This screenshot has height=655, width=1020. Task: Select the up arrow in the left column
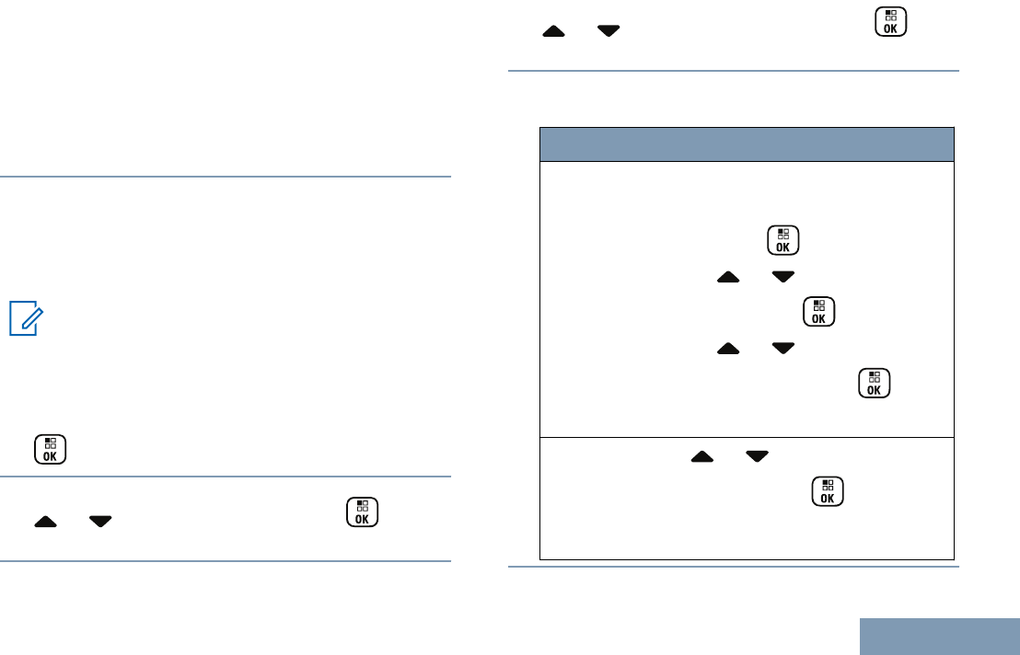[x=46, y=520]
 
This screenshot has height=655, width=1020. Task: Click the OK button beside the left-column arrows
[x=363, y=512]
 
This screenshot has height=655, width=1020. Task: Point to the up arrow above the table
[x=554, y=31]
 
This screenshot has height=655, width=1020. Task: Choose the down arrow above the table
[x=608, y=31]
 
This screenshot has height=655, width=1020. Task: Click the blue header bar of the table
[x=746, y=144]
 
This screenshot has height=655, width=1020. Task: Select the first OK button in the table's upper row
[x=782, y=240]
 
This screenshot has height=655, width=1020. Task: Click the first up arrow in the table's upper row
[x=727, y=276]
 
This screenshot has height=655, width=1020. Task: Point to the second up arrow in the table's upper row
[x=727, y=349]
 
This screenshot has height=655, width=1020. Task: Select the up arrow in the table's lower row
[x=702, y=457]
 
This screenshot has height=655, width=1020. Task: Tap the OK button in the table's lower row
[x=827, y=492]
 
